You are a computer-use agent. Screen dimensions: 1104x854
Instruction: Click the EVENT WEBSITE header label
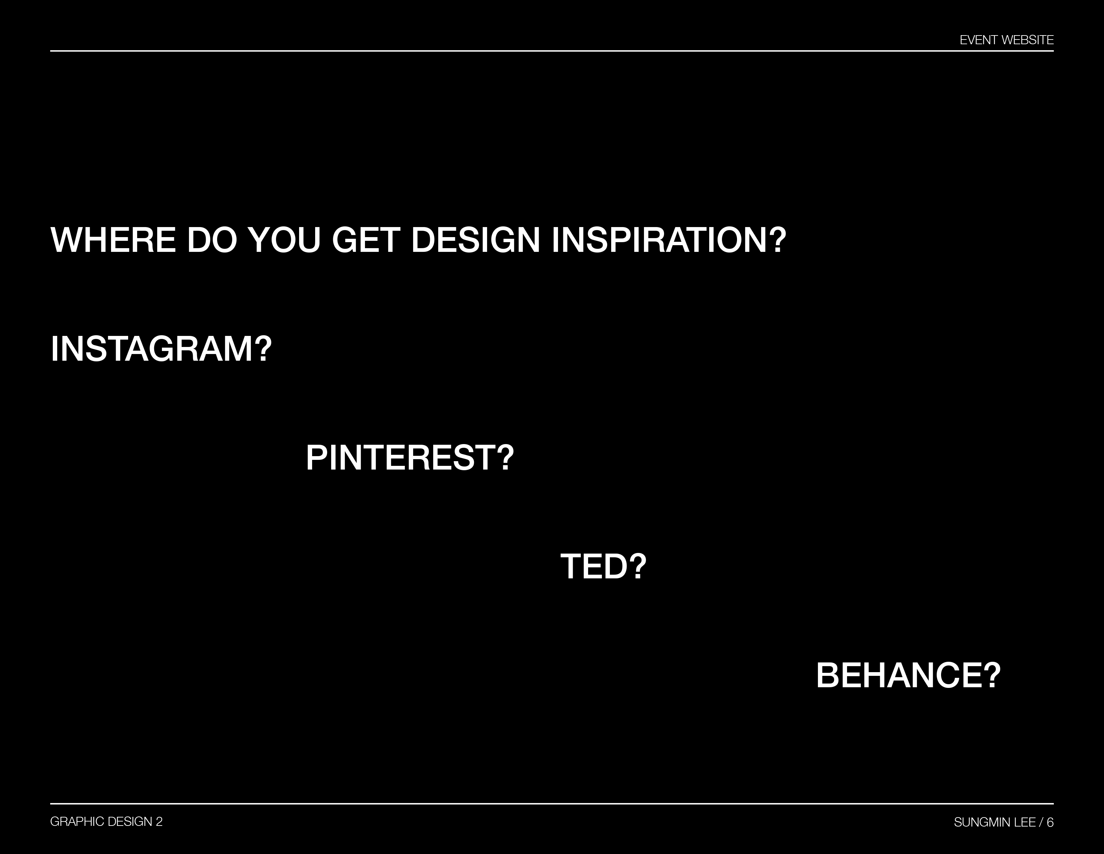coord(1006,40)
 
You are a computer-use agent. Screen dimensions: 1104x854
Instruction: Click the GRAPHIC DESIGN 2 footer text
coord(107,822)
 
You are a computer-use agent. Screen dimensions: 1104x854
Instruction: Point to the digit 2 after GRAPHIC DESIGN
coord(159,822)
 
